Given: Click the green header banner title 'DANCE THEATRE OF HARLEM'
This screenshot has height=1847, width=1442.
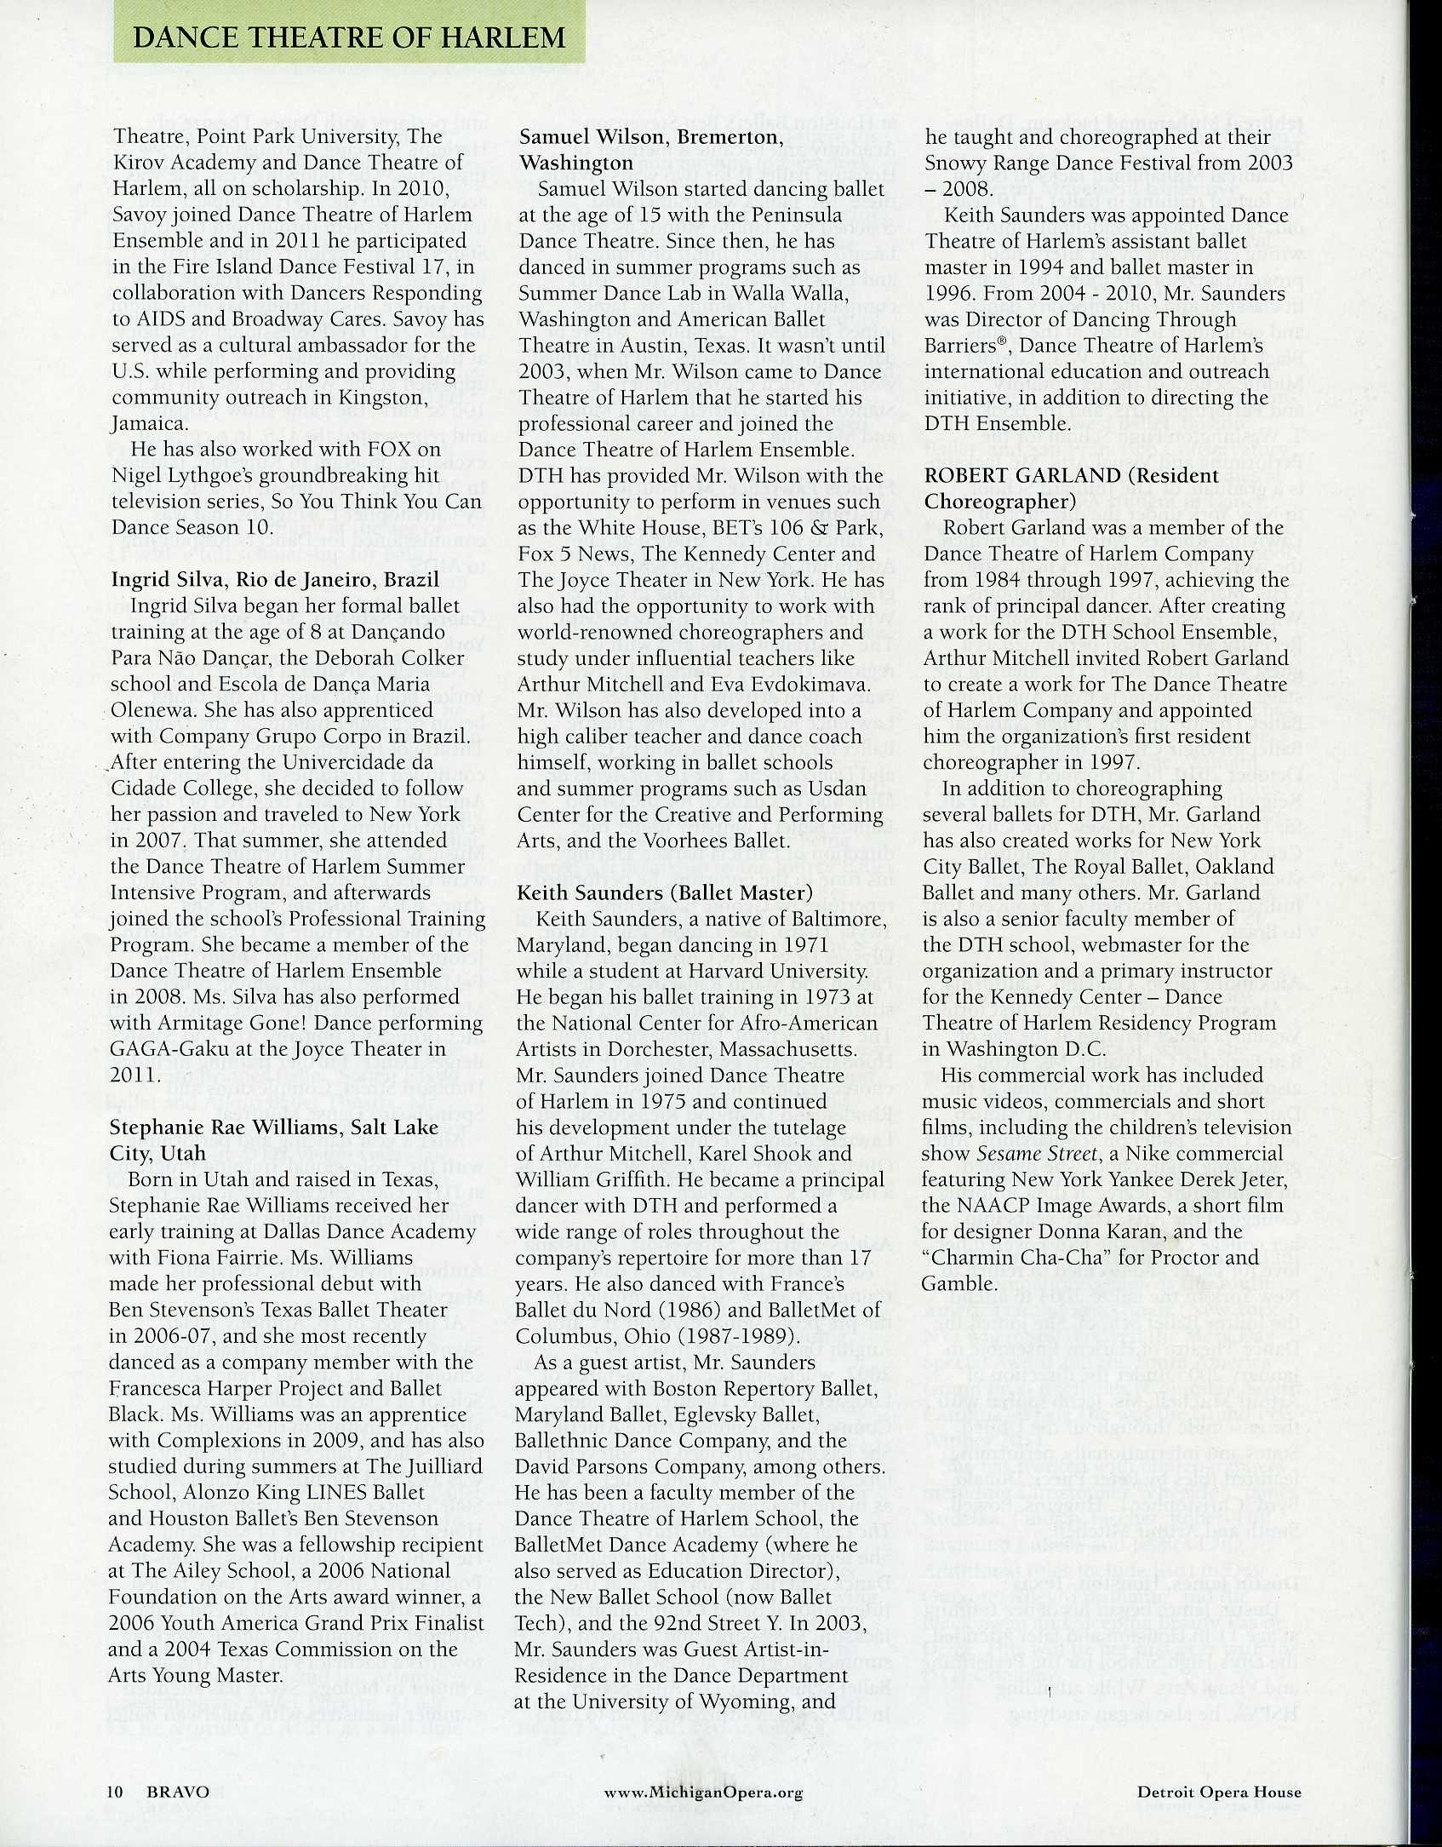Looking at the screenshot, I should (x=349, y=37).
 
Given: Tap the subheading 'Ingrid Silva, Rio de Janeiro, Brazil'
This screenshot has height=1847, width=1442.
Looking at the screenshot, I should (x=275, y=580).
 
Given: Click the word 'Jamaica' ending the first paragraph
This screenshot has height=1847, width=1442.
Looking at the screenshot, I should (x=146, y=423).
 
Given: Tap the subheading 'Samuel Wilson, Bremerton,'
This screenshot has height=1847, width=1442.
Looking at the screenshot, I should (x=649, y=137).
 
